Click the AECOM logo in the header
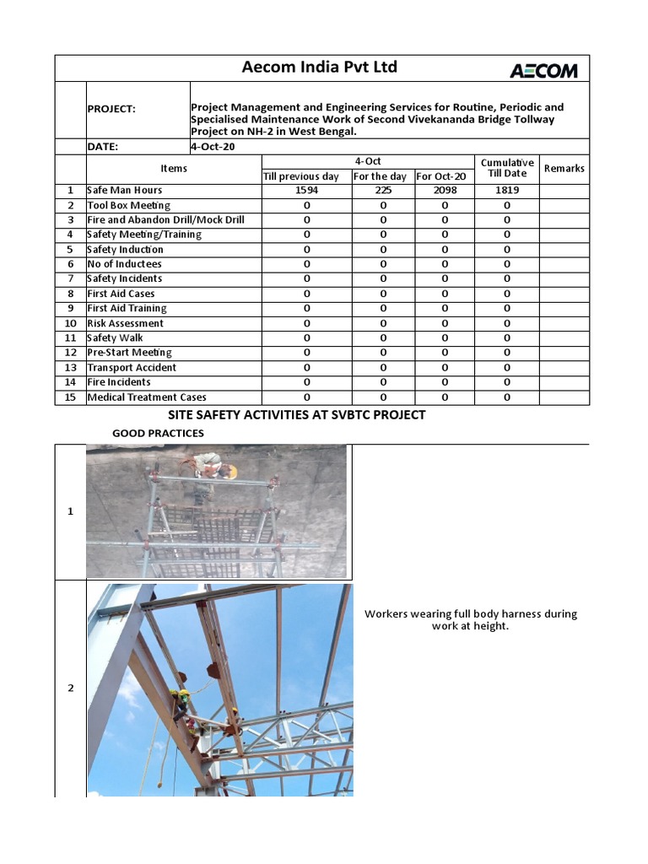[543, 70]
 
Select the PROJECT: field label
[111, 109]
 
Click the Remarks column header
[564, 169]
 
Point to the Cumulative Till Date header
[506, 168]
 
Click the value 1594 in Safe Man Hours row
[306, 191]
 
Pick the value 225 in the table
[382, 191]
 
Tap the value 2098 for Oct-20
[444, 191]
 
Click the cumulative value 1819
[506, 191]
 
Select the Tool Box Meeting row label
[128, 205]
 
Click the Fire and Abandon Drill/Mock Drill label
[165, 220]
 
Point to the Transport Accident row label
[132, 368]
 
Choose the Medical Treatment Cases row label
[147, 397]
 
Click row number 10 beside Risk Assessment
[71, 323]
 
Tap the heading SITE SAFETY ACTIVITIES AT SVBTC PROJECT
[298, 415]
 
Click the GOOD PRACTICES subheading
[158, 434]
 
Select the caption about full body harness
[470, 620]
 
